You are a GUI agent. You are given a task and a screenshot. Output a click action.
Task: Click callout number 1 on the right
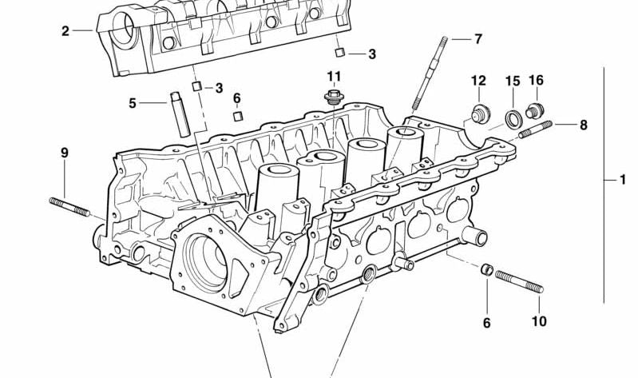coord(622,180)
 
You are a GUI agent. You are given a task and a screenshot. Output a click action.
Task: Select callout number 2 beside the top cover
coord(65,31)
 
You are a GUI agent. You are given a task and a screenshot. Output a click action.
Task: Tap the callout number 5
coord(133,102)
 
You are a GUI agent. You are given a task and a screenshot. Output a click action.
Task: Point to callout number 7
coord(478,38)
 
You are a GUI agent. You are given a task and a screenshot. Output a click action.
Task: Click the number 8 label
coord(583,125)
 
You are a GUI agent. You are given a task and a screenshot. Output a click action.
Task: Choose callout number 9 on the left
coord(65,152)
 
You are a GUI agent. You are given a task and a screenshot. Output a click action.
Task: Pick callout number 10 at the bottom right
coord(539,321)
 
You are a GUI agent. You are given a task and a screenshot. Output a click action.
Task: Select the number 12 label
coord(478,80)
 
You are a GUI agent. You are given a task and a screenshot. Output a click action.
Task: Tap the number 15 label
coord(513,81)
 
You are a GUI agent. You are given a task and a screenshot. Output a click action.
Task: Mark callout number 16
coord(536,80)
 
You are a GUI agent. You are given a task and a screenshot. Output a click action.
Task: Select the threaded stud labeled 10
coord(518,281)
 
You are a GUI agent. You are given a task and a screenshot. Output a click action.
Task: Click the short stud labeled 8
coord(535,129)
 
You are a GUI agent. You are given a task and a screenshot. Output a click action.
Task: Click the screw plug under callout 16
coord(534,110)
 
